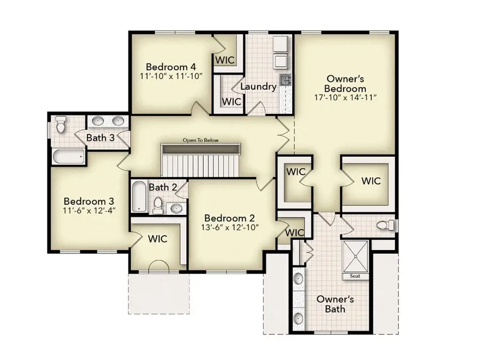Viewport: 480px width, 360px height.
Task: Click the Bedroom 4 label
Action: tap(171, 67)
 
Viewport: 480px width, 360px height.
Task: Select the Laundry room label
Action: tap(258, 86)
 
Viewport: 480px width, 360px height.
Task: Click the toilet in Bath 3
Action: tap(61, 125)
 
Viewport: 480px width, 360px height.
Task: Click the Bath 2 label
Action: tap(163, 187)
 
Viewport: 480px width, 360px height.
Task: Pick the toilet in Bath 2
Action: tap(158, 204)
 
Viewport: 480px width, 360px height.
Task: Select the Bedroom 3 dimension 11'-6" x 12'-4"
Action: tap(89, 210)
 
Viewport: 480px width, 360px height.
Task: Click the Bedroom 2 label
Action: tap(229, 218)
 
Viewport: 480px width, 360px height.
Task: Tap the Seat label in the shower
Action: tap(355, 276)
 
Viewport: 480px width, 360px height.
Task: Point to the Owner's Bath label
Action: tap(335, 304)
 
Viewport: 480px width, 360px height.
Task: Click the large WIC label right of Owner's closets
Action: tap(371, 181)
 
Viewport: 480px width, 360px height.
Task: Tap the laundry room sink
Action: tap(285, 81)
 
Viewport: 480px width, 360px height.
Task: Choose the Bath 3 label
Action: tap(100, 138)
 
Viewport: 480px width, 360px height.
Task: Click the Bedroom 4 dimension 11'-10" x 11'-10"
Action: tap(171, 77)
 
